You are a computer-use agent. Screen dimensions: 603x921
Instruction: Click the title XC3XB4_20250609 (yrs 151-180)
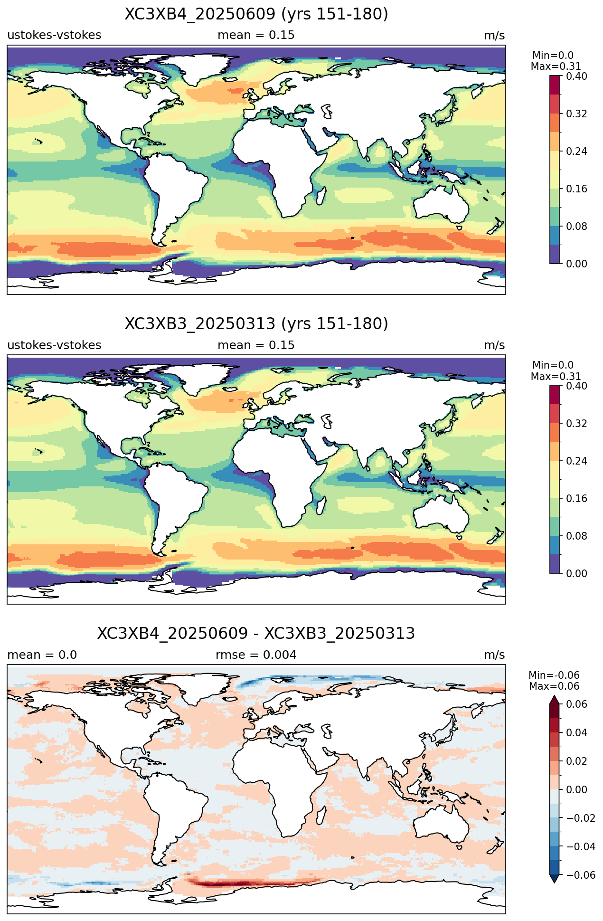point(256,14)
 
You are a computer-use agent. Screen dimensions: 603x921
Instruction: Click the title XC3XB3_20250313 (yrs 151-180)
point(256,324)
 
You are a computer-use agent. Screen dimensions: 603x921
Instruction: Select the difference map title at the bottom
point(256,634)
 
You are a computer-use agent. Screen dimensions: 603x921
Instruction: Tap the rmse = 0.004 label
point(256,655)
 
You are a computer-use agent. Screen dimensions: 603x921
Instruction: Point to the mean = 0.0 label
point(42,655)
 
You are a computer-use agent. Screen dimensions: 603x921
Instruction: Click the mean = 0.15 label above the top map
point(256,35)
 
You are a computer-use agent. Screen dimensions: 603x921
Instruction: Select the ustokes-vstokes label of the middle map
point(54,345)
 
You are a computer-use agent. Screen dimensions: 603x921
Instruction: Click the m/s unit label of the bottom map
point(494,655)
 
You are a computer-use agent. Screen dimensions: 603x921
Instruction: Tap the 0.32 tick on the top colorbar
point(576,114)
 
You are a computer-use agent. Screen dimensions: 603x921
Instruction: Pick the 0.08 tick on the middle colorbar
point(576,536)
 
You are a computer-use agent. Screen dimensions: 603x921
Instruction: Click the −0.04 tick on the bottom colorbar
point(580,847)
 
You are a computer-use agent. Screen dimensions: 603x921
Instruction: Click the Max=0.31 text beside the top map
point(556,66)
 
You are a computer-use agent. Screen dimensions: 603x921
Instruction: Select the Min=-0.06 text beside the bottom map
point(554,675)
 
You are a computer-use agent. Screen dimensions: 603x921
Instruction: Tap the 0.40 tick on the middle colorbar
point(576,386)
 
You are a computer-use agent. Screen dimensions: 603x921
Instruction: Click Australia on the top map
point(441,204)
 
